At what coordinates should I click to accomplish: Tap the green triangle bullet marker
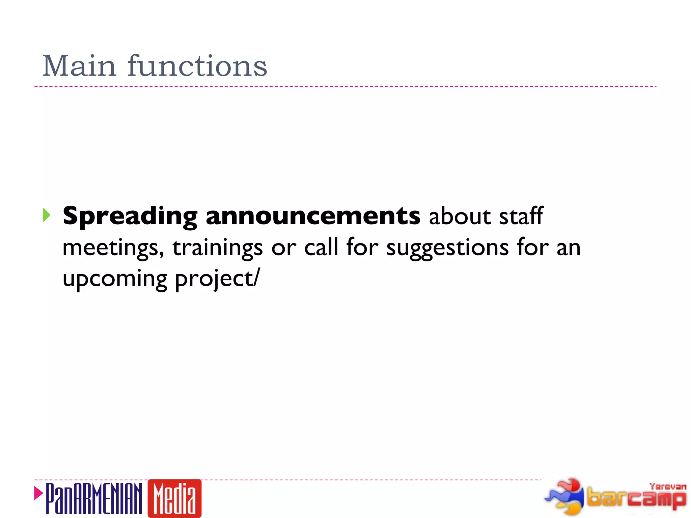pyautogui.click(x=47, y=215)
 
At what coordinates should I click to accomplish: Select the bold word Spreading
pyautogui.click(x=130, y=216)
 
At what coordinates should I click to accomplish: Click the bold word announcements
pyautogui.click(x=313, y=216)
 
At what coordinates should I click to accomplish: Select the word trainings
pyautogui.click(x=217, y=248)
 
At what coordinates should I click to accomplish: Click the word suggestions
pyautogui.click(x=447, y=248)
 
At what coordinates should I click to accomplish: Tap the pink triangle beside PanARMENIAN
pyautogui.click(x=38, y=493)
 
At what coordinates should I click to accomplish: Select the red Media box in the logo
pyautogui.click(x=174, y=498)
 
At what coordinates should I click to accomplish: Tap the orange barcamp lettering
pyautogui.click(x=636, y=498)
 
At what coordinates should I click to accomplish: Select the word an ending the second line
pyautogui.click(x=568, y=248)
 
